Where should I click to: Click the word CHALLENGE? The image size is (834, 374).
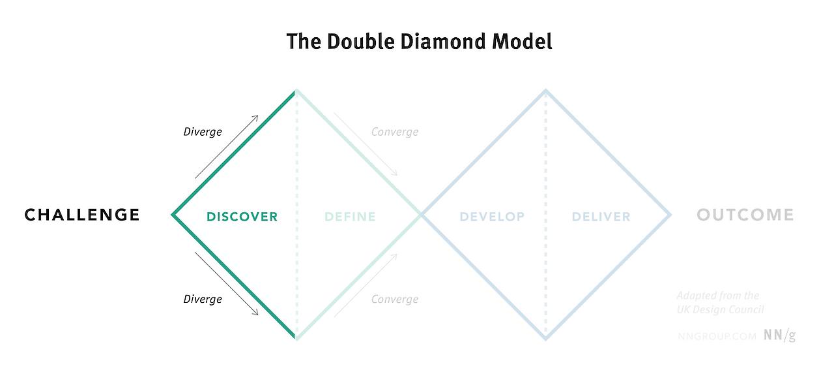pos(82,215)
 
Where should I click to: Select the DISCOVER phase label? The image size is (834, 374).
pos(242,217)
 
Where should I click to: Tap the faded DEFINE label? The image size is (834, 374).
pos(350,217)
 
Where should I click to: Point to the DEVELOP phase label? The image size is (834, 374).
pos(492,217)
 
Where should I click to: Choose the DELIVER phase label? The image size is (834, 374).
pos(601,217)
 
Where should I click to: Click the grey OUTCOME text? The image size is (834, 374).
pos(745,215)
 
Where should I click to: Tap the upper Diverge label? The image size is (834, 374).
pos(202,132)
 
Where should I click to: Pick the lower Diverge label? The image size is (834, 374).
pos(202,299)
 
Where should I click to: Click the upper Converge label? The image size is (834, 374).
pos(395,132)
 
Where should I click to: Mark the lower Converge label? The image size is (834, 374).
pos(395,299)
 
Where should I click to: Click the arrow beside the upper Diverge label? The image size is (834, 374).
pos(227,146)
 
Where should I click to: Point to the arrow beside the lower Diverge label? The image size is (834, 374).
pos(227,284)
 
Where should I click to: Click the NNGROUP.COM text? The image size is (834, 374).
pos(717,336)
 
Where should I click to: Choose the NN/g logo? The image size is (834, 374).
pos(780,335)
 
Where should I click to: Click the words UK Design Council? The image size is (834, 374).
pos(721,309)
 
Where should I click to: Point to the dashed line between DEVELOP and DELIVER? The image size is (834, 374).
pos(546,274)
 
